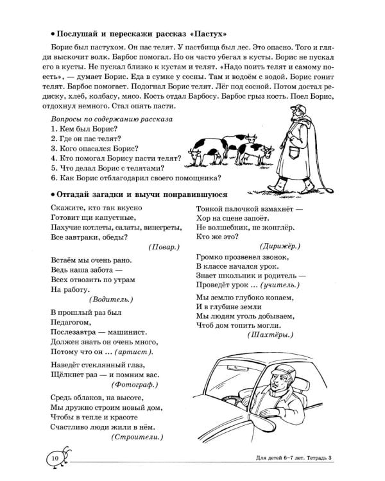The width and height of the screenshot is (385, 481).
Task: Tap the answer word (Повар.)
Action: (x=164, y=247)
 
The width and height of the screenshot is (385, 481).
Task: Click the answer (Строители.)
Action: (x=137, y=437)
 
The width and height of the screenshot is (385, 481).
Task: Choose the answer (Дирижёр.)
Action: (x=280, y=246)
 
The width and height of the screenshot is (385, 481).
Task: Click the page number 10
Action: (x=55, y=458)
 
